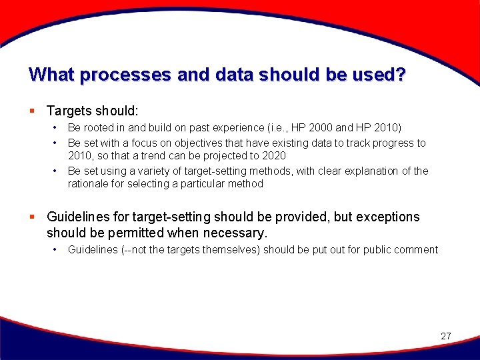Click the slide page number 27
coord(446,336)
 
